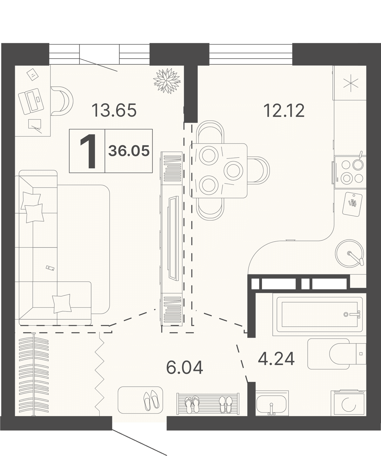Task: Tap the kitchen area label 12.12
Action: click(284, 110)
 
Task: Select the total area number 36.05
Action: click(129, 151)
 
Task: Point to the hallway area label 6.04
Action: click(185, 368)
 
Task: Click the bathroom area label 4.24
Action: click(276, 359)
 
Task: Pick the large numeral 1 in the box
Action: click(88, 151)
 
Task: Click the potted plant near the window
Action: click(167, 81)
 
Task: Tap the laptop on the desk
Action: click(31, 101)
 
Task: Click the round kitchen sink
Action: click(350, 254)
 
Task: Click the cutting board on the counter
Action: click(352, 204)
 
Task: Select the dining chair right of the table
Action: click(258, 170)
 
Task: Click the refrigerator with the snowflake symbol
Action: click(350, 83)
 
